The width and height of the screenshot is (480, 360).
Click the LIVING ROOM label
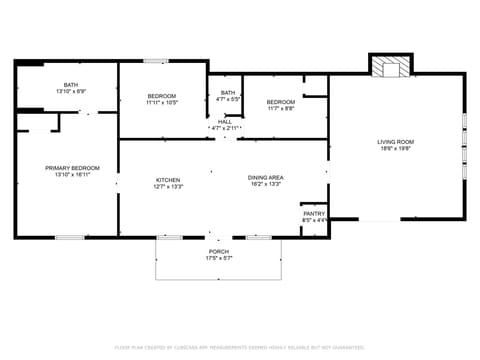click(x=395, y=142)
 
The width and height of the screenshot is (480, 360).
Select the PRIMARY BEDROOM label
click(x=70, y=168)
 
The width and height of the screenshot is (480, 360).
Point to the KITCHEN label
click(x=167, y=179)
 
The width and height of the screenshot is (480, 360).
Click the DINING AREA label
click(x=265, y=178)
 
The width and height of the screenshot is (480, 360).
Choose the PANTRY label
click(x=314, y=214)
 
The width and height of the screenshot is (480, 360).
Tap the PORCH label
click(x=218, y=252)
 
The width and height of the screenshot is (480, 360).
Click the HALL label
click(x=225, y=122)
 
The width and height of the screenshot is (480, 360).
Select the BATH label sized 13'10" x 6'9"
click(x=71, y=85)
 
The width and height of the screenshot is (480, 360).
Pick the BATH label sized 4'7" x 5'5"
click(x=227, y=93)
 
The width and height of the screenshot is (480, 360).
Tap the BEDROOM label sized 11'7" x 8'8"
click(x=280, y=101)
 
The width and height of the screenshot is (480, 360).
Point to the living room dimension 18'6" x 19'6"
click(x=395, y=149)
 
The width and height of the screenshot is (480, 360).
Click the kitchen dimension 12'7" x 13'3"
click(x=167, y=186)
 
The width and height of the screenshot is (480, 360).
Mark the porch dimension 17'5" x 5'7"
click(x=218, y=259)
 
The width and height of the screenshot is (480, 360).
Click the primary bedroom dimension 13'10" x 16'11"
click(x=70, y=175)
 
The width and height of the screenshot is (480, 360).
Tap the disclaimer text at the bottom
click(x=239, y=347)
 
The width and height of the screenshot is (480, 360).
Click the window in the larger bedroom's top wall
click(x=155, y=62)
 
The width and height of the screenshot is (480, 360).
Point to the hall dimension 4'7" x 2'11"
click(x=225, y=129)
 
